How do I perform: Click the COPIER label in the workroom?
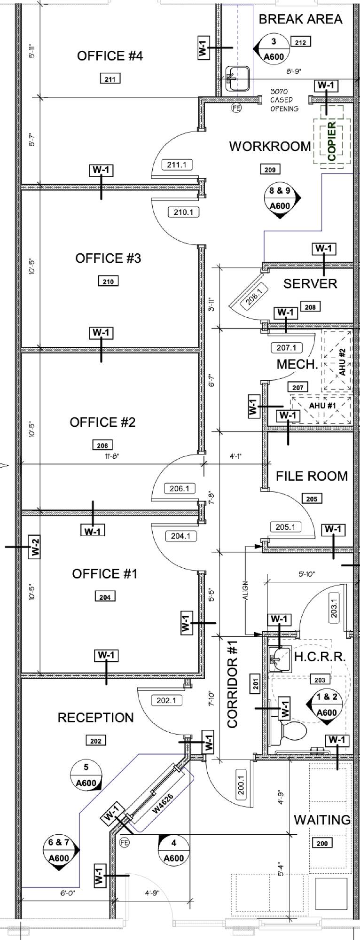331,141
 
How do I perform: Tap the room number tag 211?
110,79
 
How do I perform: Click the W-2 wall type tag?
33,547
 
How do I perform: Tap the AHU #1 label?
322,406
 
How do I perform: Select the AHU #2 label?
342,361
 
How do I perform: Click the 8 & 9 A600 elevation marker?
280,199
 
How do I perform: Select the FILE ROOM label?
312,476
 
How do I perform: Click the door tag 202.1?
166,700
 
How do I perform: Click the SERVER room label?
310,283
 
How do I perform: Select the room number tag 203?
320,680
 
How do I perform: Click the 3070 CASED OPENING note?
284,100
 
